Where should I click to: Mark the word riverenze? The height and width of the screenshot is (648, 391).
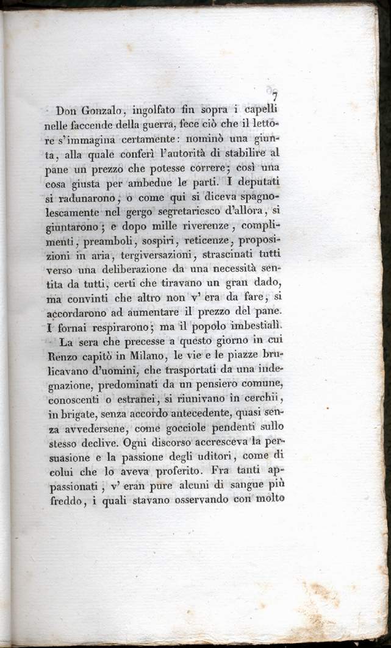tap(193, 225)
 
